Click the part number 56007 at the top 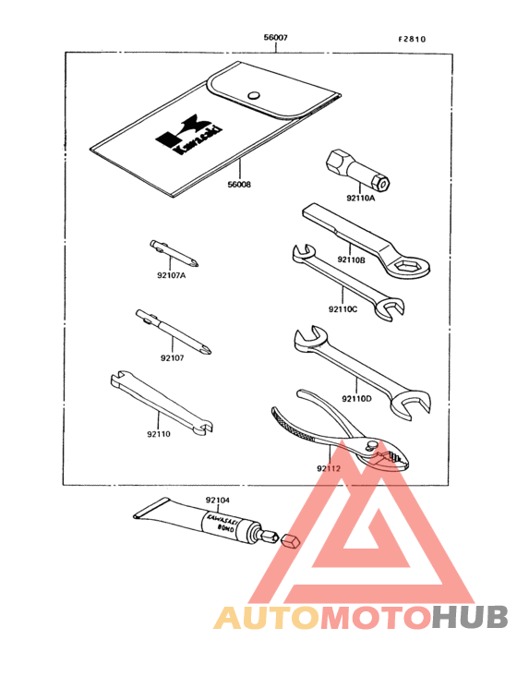coord(275,38)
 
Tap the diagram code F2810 coord(412,40)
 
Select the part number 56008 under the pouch coord(238,184)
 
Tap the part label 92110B coord(351,260)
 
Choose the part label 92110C coord(342,309)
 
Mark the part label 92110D coord(355,398)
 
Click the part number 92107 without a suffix coord(173,356)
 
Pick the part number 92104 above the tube coord(217,500)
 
